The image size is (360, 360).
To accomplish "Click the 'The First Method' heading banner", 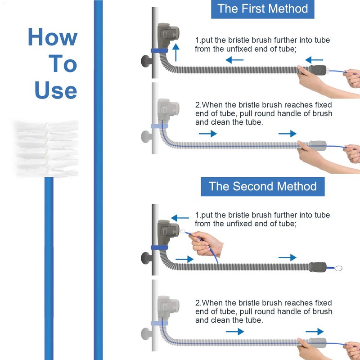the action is click(x=262, y=9).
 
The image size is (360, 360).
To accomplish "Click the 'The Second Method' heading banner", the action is click(x=263, y=186).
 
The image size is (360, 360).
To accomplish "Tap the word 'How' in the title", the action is click(x=53, y=37).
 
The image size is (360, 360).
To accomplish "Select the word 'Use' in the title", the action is click(x=56, y=90).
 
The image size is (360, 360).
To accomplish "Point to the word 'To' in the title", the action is click(x=63, y=63).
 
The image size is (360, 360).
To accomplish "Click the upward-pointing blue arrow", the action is click(x=176, y=52).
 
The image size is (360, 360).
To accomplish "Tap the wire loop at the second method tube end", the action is click(x=338, y=268).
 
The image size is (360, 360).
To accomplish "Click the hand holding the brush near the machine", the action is click(x=206, y=243).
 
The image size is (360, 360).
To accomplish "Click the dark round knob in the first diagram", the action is click(x=146, y=61).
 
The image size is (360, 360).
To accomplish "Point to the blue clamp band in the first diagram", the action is click(x=159, y=51).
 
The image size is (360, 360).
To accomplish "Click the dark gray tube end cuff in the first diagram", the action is click(x=318, y=70).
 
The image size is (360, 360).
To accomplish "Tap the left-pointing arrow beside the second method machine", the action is click(x=180, y=218).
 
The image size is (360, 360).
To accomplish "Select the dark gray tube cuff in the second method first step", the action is click(x=318, y=267).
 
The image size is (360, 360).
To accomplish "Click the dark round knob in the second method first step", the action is click(x=146, y=258).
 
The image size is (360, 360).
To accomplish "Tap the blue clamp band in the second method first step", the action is click(x=159, y=248).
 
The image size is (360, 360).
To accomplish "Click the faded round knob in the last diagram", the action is click(x=146, y=334).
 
